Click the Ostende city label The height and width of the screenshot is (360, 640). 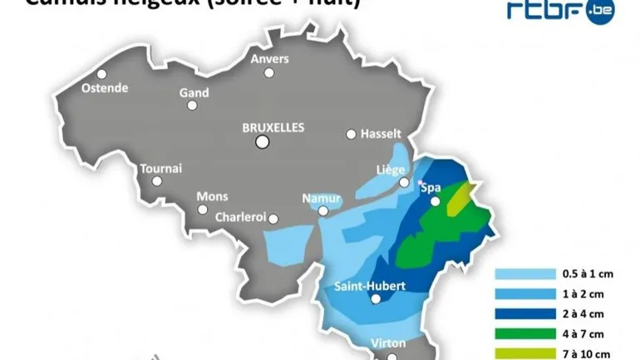pos(105,88)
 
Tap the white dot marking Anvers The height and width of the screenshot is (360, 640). pos(269,72)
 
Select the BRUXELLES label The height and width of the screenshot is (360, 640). pos(273,127)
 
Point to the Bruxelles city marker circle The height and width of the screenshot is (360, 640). pos(263,142)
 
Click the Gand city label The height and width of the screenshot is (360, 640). pos(194,93)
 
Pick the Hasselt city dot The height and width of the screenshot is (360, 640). pos(352,134)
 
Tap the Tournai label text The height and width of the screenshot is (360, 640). pos(161,168)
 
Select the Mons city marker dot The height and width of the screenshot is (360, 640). pos(203,210)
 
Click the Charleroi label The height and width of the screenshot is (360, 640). pos(240,217)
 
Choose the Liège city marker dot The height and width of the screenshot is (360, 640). pos(404,182)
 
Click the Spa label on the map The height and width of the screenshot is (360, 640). pos(431,187)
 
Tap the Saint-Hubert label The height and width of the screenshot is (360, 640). pos(370,286)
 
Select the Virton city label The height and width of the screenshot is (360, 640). pos(388,343)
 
